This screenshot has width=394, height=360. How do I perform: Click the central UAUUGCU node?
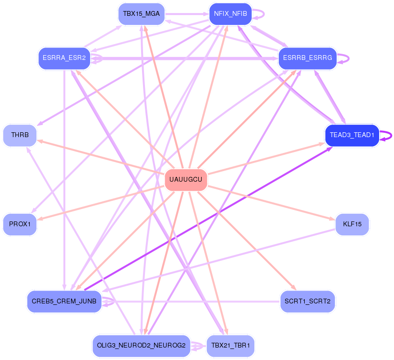tap(186, 180)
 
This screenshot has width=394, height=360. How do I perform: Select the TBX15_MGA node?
tap(141, 13)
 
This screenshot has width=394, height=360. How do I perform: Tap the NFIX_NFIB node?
tap(230, 13)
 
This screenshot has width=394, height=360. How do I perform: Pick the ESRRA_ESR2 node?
tap(64, 58)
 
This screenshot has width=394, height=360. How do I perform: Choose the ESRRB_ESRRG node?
tap(307, 58)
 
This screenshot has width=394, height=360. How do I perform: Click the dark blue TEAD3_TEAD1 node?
tap(352, 135)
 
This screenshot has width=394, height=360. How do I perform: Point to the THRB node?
tap(20, 135)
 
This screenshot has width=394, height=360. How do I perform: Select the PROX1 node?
tap(20, 224)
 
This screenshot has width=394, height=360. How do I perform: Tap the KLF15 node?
tap(352, 224)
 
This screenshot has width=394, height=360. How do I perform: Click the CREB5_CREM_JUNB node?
tap(64, 301)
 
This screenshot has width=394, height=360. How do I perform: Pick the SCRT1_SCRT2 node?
tap(307, 301)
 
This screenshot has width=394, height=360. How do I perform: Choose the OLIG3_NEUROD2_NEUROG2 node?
tap(141, 346)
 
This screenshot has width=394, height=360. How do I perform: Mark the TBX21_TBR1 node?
tap(230, 346)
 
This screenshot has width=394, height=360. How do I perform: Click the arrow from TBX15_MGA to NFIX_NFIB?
tap(187, 14)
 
